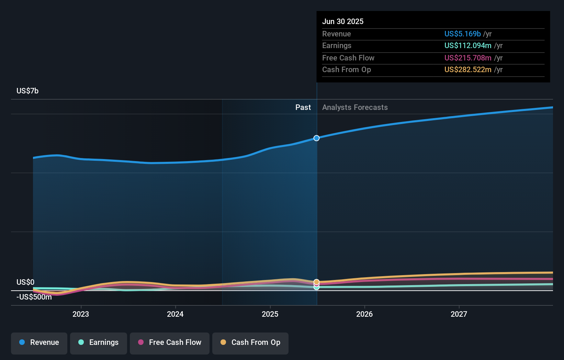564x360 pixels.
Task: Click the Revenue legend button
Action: pyautogui.click(x=39, y=342)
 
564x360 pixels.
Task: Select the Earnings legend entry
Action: pyautogui.click(x=98, y=342)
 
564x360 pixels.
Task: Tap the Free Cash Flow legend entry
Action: pyautogui.click(x=169, y=342)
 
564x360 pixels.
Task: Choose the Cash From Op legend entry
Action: pyautogui.click(x=250, y=342)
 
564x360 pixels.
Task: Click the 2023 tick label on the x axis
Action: pyautogui.click(x=81, y=314)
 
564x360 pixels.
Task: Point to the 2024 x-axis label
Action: pyautogui.click(x=175, y=314)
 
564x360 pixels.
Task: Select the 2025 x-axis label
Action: pyautogui.click(x=270, y=314)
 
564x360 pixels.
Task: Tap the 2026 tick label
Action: pyautogui.click(x=364, y=314)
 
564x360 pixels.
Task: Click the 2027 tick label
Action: pyautogui.click(x=459, y=314)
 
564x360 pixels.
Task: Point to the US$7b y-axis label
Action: pyautogui.click(x=27, y=91)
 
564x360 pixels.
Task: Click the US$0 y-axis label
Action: pyautogui.click(x=25, y=282)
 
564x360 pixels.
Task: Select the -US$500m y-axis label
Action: pyautogui.click(x=34, y=297)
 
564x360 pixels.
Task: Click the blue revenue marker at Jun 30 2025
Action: pyautogui.click(x=316, y=138)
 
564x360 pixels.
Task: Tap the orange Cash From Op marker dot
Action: pyautogui.click(x=316, y=282)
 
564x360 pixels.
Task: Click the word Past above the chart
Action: pyautogui.click(x=303, y=107)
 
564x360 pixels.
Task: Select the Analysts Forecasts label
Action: pyautogui.click(x=355, y=107)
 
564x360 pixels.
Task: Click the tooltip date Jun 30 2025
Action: pyautogui.click(x=342, y=21)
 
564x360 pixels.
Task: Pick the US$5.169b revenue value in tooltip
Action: pyautogui.click(x=462, y=34)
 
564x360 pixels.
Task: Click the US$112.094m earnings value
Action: pyautogui.click(x=467, y=45)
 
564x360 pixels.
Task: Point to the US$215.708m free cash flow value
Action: pyautogui.click(x=467, y=58)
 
